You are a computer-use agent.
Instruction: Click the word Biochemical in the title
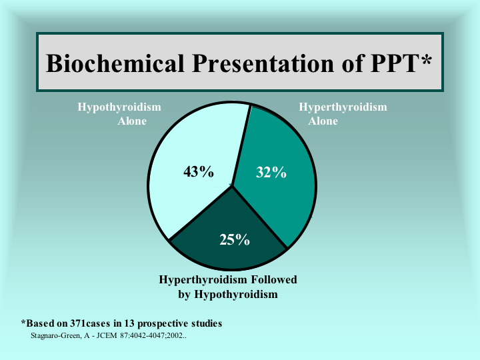pyautogui.click(x=115, y=63)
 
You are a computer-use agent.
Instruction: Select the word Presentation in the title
pyautogui.click(x=263, y=63)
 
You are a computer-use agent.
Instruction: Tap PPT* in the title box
pyautogui.click(x=401, y=63)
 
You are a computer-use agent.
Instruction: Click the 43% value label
pyautogui.click(x=199, y=172)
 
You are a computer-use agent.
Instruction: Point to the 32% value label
pyautogui.click(x=271, y=173)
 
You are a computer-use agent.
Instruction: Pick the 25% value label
pyautogui.click(x=235, y=239)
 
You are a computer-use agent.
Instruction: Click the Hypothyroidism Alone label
pyautogui.click(x=119, y=114)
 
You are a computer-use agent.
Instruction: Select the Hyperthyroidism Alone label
pyautogui.click(x=343, y=114)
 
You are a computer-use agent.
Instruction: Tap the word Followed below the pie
pyautogui.click(x=274, y=279)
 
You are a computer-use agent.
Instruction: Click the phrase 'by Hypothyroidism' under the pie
pyautogui.click(x=228, y=295)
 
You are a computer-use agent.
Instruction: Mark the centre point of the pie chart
pyautogui.click(x=232, y=185)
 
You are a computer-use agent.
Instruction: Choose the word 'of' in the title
pyautogui.click(x=352, y=63)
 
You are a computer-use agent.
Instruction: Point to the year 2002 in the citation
pyautogui.click(x=175, y=335)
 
